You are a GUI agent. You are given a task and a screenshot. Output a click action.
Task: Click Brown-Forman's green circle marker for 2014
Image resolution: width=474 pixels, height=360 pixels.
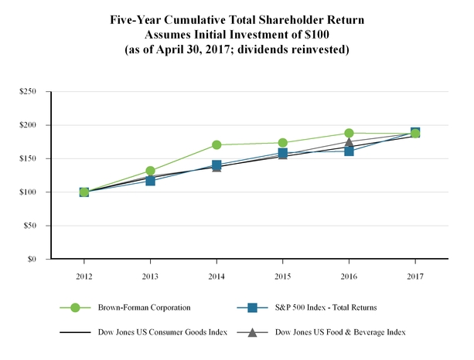(217, 144)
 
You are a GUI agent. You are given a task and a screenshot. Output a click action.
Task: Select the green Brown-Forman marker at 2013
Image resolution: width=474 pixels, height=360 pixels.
(150, 171)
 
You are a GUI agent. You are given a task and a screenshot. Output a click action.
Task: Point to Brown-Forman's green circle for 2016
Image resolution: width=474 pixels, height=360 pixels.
(350, 133)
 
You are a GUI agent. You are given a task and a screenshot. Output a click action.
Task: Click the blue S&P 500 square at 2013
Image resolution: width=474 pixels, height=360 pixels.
(150, 181)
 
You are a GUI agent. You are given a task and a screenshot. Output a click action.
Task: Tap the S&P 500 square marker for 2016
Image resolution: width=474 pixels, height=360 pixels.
(350, 151)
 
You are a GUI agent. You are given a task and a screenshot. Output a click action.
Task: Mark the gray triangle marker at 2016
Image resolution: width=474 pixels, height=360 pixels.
(350, 142)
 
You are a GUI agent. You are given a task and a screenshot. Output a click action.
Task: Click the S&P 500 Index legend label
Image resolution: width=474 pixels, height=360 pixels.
(325, 307)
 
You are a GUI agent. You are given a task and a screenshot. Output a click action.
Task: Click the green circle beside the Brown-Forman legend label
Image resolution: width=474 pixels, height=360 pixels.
(75, 307)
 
